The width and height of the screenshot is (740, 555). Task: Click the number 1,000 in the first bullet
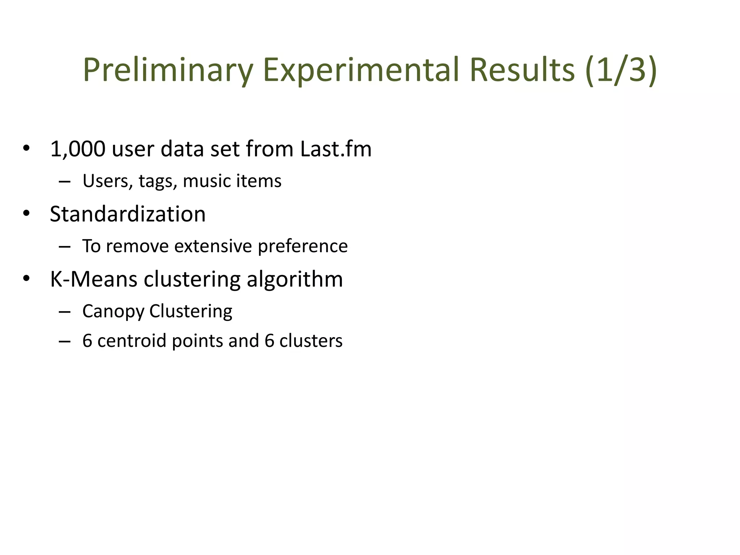click(78, 149)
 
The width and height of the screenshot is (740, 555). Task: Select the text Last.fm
click(336, 149)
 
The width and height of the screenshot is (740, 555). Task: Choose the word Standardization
click(128, 214)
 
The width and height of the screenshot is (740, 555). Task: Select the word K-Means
click(94, 279)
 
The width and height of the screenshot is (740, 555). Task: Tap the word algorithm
click(294, 279)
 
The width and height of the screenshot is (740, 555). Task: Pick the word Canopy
click(113, 311)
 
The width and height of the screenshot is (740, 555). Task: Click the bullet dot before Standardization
click(26, 213)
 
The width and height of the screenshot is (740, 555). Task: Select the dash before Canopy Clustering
click(64, 311)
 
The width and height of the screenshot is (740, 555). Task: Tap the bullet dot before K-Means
click(26, 279)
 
